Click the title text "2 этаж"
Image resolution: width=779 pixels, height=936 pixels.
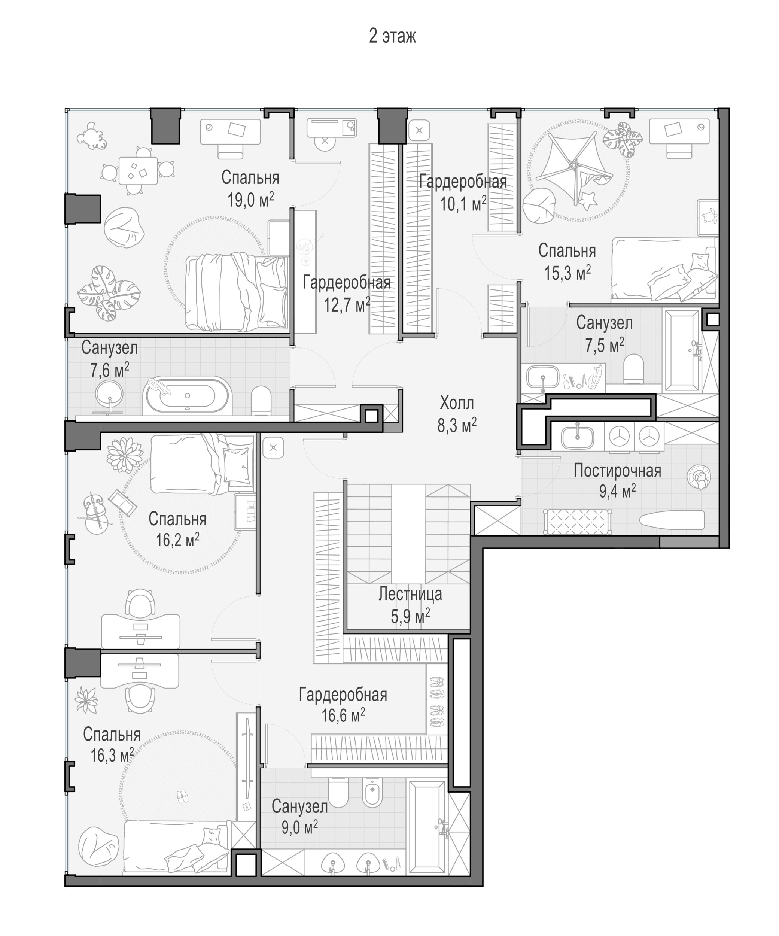point(392,36)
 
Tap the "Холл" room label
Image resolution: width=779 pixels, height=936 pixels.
point(457,403)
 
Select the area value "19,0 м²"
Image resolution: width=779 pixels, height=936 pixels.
point(250,201)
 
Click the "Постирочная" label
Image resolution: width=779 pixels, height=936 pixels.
point(617,471)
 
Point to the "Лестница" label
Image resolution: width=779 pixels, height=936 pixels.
point(410,594)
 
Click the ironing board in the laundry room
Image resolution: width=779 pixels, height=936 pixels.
point(672,520)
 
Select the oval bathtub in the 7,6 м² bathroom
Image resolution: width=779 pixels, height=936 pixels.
point(187,395)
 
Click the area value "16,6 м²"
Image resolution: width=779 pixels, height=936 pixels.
point(343,715)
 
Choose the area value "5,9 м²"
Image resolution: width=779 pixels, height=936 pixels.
point(410,616)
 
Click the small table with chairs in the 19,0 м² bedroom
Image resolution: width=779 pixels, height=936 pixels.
point(138,170)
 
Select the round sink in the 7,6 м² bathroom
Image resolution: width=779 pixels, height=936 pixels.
point(109,392)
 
